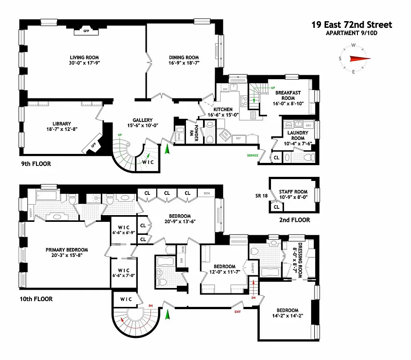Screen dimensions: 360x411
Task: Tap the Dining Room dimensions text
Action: click(x=184, y=63)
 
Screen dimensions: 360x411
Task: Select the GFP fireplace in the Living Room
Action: click(x=87, y=31)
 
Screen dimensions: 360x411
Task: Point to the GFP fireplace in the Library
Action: click(x=94, y=145)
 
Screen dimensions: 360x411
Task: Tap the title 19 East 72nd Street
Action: click(x=352, y=25)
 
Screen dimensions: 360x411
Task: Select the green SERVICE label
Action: click(x=253, y=156)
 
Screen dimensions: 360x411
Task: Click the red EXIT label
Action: click(x=237, y=311)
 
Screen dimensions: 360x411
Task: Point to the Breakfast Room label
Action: click(x=285, y=95)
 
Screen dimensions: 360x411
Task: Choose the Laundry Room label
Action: click(x=298, y=135)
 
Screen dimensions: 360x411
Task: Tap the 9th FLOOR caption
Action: click(x=36, y=164)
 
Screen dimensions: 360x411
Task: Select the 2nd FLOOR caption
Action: click(x=294, y=220)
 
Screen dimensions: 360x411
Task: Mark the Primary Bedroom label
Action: click(x=67, y=250)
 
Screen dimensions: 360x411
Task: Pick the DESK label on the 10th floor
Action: click(x=207, y=193)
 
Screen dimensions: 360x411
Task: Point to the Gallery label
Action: click(x=142, y=120)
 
